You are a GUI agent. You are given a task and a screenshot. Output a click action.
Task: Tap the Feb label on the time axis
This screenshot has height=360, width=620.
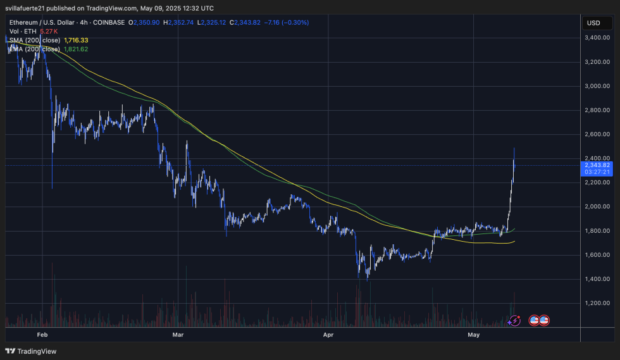coord(42,333)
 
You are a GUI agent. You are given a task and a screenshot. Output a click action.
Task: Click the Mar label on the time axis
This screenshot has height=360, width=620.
coord(178,333)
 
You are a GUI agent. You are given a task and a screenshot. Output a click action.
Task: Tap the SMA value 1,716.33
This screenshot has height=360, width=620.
coord(77,40)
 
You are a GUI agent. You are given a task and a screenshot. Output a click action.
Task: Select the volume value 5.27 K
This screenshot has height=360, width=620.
coord(49,31)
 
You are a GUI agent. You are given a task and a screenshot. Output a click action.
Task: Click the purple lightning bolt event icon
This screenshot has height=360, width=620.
coord(514,321)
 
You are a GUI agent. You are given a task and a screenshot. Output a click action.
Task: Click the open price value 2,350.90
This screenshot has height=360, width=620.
coord(146,22)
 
